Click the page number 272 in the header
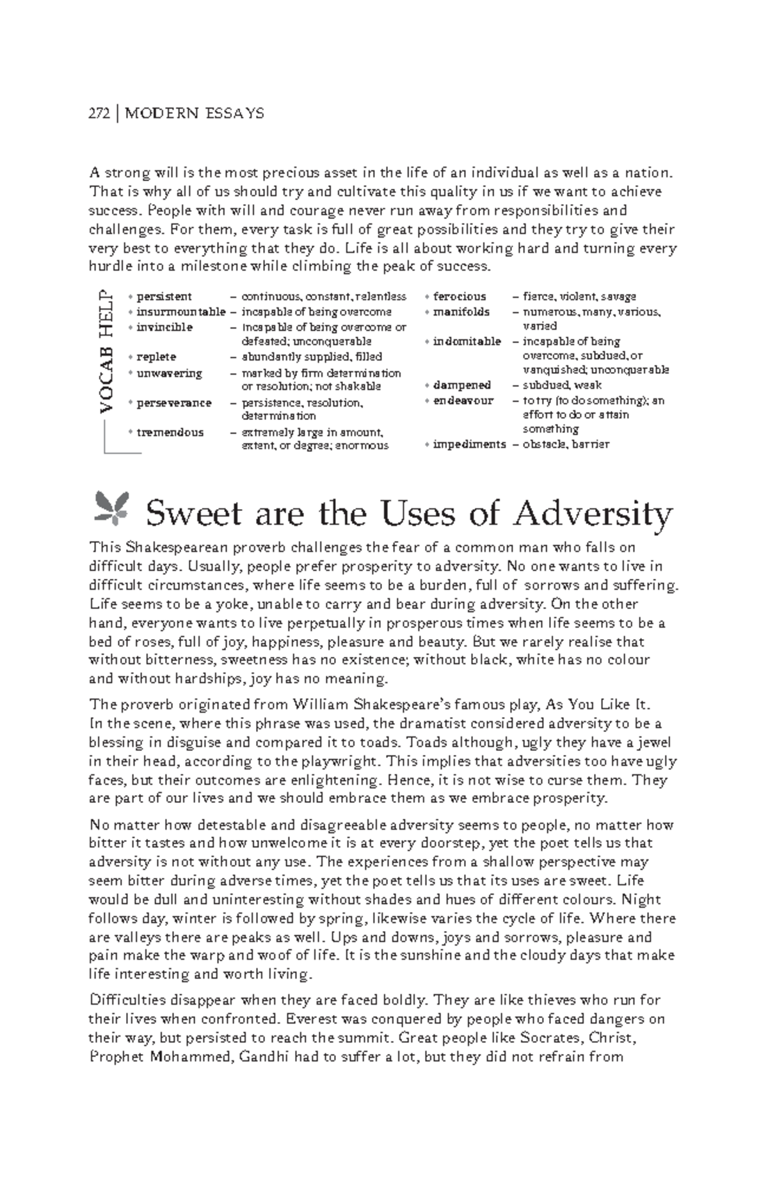pos(100,114)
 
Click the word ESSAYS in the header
pos(234,114)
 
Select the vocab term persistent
pos(164,296)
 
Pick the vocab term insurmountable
pos(181,312)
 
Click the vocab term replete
pos(156,357)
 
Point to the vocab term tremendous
pos(170,432)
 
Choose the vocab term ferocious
pos(460,296)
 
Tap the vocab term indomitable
pos(467,341)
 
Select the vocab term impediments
pos(469,444)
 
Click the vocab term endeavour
pos(463,400)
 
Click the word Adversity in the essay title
pos(593,514)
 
